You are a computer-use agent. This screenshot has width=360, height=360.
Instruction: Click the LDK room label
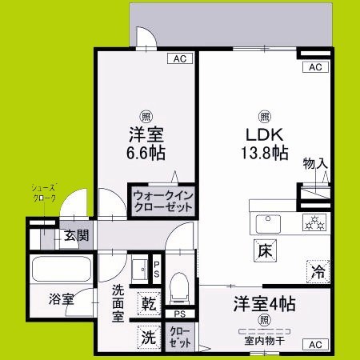[x=263, y=134]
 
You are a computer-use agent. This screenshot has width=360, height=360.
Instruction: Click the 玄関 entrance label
[x=77, y=236]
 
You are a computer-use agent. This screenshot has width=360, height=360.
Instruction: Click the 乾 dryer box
[x=148, y=303]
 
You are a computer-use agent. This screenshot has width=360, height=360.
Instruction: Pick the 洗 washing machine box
[x=148, y=337]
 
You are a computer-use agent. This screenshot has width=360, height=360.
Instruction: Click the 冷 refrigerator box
[x=317, y=271]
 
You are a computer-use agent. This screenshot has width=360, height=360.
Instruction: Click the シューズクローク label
[x=44, y=192]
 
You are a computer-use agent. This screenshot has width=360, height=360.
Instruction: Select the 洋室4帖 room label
[x=264, y=304]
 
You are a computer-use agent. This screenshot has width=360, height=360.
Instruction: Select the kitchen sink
[x=264, y=222]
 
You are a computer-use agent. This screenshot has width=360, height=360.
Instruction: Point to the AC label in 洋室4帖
[x=314, y=345]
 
